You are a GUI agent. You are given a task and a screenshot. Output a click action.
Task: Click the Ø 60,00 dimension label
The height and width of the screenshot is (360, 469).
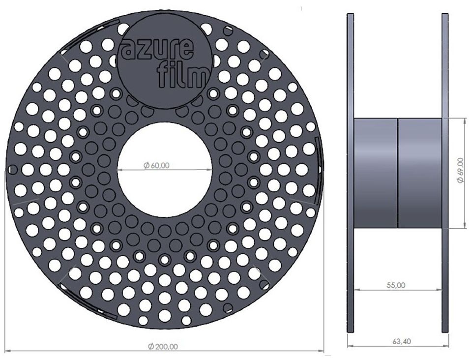click(x=156, y=165)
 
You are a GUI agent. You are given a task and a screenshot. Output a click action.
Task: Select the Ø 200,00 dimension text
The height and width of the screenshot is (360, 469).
click(x=163, y=347)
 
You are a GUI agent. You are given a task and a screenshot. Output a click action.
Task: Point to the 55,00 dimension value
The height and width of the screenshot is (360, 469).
click(x=398, y=285)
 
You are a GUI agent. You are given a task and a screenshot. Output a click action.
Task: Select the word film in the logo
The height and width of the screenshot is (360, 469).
click(x=183, y=74)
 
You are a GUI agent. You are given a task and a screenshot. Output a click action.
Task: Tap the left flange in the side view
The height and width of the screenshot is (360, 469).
click(x=350, y=173)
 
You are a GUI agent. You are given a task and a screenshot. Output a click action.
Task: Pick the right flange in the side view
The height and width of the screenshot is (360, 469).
click(x=445, y=173)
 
